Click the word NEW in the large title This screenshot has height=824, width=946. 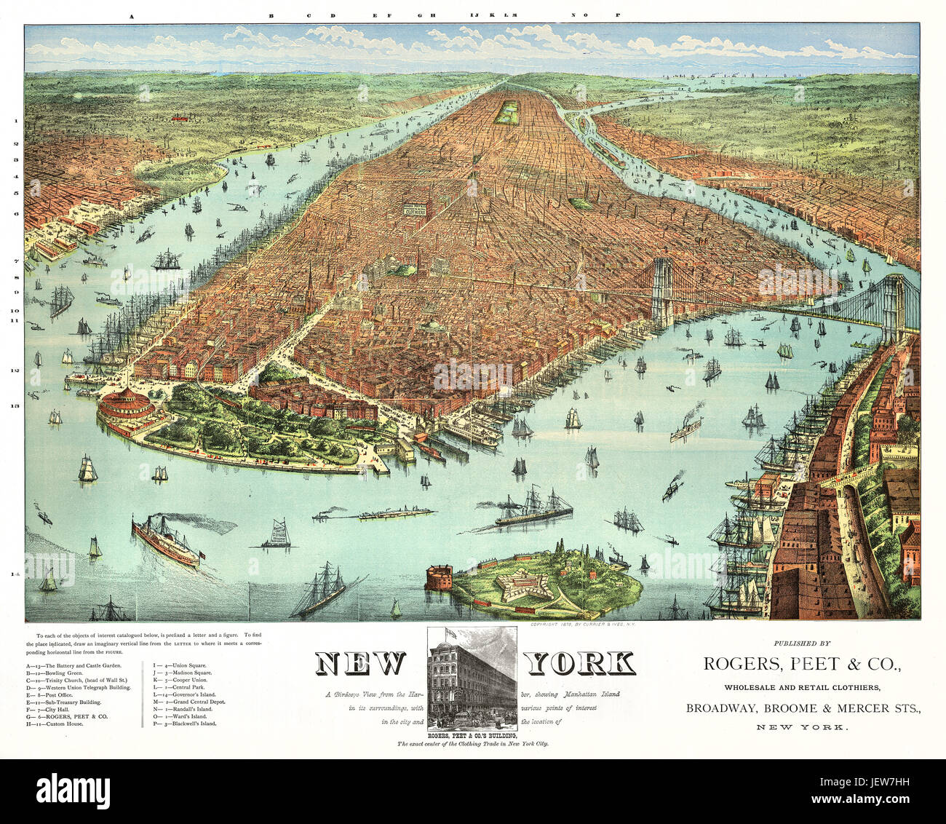(x=360, y=663)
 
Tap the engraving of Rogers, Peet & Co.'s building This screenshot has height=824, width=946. (x=472, y=678)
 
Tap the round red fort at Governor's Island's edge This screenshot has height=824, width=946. (x=439, y=577)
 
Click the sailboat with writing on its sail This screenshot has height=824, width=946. (x=277, y=534)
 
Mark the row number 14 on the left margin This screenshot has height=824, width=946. (x=14, y=575)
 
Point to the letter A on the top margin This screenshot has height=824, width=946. (x=132, y=15)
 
